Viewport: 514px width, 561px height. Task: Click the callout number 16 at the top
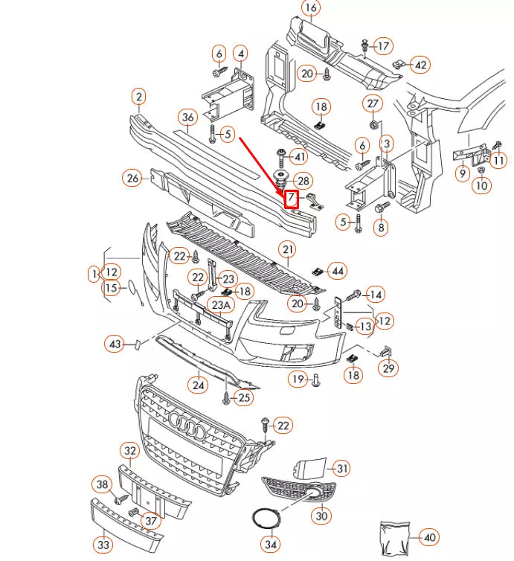pyautogui.click(x=310, y=8)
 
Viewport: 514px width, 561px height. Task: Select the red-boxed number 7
pyautogui.click(x=292, y=199)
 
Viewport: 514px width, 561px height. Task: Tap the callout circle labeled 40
pyautogui.click(x=429, y=536)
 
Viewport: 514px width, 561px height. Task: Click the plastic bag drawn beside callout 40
pyautogui.click(x=394, y=536)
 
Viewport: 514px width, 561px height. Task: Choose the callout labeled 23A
pyautogui.click(x=220, y=304)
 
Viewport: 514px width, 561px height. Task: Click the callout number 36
pyautogui.click(x=187, y=117)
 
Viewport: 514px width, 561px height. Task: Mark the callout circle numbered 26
pyautogui.click(x=133, y=178)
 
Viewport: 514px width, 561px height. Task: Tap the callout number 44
pyautogui.click(x=337, y=271)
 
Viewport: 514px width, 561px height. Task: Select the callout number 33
pyautogui.click(x=103, y=545)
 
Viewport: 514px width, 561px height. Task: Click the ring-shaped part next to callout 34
pyautogui.click(x=264, y=519)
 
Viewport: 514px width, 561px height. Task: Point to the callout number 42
pyautogui.click(x=420, y=65)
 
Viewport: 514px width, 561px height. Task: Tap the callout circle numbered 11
pyautogui.click(x=498, y=159)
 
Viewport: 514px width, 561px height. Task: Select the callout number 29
pyautogui.click(x=388, y=368)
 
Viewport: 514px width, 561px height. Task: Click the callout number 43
pyautogui.click(x=115, y=344)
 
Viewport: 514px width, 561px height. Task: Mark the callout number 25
pyautogui.click(x=244, y=399)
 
